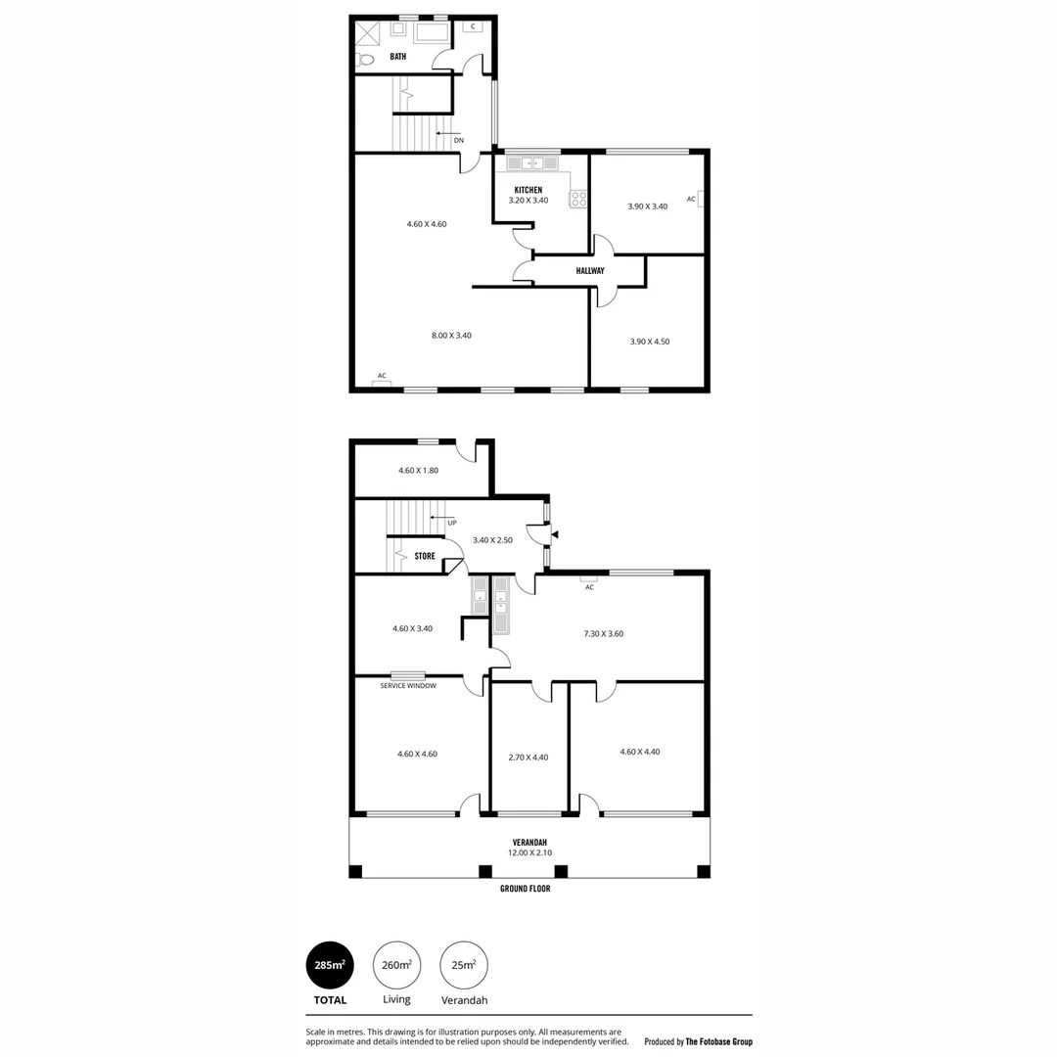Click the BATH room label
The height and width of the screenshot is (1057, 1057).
pyautogui.click(x=397, y=57)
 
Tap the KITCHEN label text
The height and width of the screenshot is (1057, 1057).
pyautogui.click(x=528, y=190)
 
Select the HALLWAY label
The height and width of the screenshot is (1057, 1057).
pyautogui.click(x=590, y=270)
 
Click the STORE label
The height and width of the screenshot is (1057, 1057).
pyautogui.click(x=425, y=556)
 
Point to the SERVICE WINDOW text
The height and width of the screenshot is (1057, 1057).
pyautogui.click(x=408, y=686)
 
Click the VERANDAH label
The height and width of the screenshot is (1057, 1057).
pyautogui.click(x=529, y=843)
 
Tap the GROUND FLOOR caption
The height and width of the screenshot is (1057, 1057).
pyautogui.click(x=526, y=889)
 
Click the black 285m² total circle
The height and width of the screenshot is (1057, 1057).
pyautogui.click(x=330, y=965)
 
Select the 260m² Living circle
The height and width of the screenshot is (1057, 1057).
pyautogui.click(x=396, y=965)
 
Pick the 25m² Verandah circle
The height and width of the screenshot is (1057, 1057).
pyautogui.click(x=464, y=965)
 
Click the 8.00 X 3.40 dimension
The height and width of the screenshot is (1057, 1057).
pyautogui.click(x=451, y=336)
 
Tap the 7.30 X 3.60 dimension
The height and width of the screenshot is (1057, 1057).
pyautogui.click(x=604, y=633)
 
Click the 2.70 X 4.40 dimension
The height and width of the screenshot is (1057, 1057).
pyautogui.click(x=528, y=757)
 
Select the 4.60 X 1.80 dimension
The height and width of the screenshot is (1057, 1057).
pyautogui.click(x=418, y=470)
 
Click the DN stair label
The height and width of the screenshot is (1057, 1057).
pyautogui.click(x=458, y=140)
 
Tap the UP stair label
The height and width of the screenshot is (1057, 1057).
pyautogui.click(x=451, y=523)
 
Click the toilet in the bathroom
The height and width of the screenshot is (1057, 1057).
pyautogui.click(x=365, y=60)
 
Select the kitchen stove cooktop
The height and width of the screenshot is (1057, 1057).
pyautogui.click(x=578, y=199)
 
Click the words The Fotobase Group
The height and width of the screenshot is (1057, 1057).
pyautogui.click(x=719, y=1042)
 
